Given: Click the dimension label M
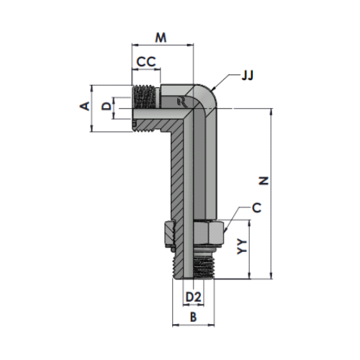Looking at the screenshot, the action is [x=161, y=37].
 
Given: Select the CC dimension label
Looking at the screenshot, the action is [x=146, y=62].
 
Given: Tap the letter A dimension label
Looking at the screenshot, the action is [x=85, y=106].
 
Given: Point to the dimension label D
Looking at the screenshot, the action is [x=107, y=106].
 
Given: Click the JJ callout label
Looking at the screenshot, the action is [x=247, y=76].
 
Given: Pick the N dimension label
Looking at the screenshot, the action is [x=264, y=181].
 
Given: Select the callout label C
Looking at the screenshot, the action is [x=256, y=208].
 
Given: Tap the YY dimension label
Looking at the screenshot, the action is [x=242, y=246].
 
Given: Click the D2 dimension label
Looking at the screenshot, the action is [x=193, y=297].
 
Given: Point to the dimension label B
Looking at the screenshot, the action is [x=193, y=317].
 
